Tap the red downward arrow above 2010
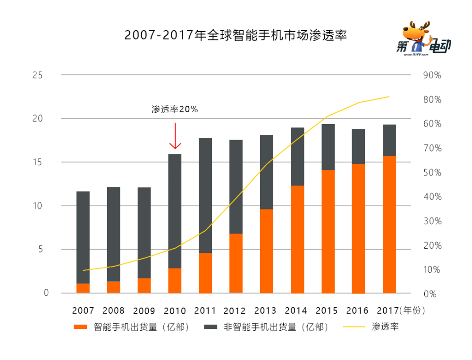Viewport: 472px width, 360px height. (175, 136)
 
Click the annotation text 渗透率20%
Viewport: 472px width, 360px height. (175, 109)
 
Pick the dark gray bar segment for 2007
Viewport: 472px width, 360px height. (83, 237)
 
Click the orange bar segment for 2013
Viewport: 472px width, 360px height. (267, 251)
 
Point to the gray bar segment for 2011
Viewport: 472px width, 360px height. (205, 195)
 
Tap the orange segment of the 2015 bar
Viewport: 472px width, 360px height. (328, 231)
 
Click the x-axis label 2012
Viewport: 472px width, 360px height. (235, 311)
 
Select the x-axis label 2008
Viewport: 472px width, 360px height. (113, 311)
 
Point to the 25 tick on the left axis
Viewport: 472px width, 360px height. (37, 75)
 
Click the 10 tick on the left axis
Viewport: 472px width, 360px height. (37, 206)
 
